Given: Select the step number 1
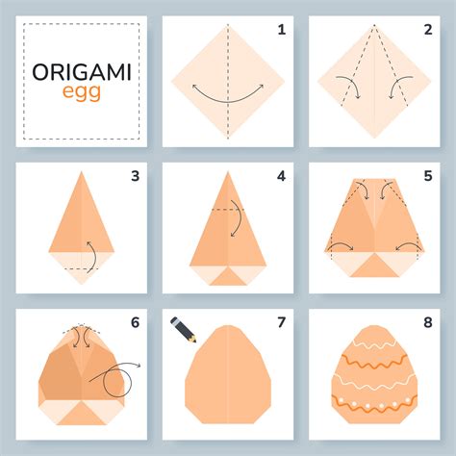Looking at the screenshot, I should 281,30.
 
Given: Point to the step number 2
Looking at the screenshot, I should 428,30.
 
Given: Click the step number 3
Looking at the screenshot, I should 135,175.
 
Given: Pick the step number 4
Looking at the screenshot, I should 281,175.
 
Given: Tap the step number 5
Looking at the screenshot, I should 428,175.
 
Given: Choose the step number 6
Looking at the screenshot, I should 135,321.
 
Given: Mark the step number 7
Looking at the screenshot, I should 281,321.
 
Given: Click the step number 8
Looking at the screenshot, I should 428,321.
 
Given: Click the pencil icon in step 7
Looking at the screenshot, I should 182,328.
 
